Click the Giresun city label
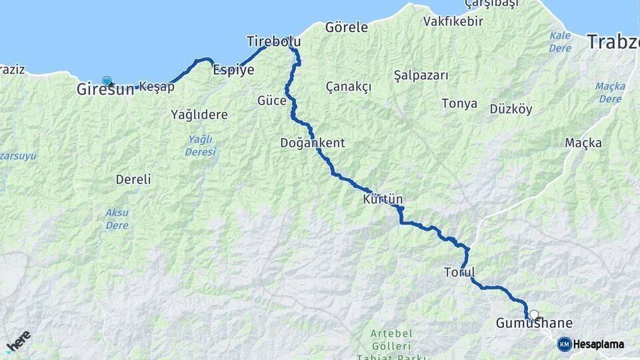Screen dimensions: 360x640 point(105,89)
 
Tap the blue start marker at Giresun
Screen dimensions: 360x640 point(107,81)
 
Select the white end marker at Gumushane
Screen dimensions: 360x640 point(533,314)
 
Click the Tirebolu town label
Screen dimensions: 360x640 point(273,41)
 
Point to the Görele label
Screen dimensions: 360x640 point(346,27)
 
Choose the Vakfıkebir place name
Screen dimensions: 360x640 point(453,21)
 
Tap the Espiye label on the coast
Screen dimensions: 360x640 point(233,69)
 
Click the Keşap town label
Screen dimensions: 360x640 point(157,86)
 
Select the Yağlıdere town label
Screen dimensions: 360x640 point(199,115)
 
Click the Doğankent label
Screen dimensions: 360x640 point(313,143)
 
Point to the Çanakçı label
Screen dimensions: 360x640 point(349,87)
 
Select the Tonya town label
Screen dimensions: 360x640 point(459,103)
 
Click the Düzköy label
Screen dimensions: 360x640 point(511,109)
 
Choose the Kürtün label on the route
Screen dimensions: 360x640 point(383,199)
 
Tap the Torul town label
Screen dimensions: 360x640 point(459,272)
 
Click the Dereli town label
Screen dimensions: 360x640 point(133,179)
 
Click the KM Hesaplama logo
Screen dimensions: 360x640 point(591,344)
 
